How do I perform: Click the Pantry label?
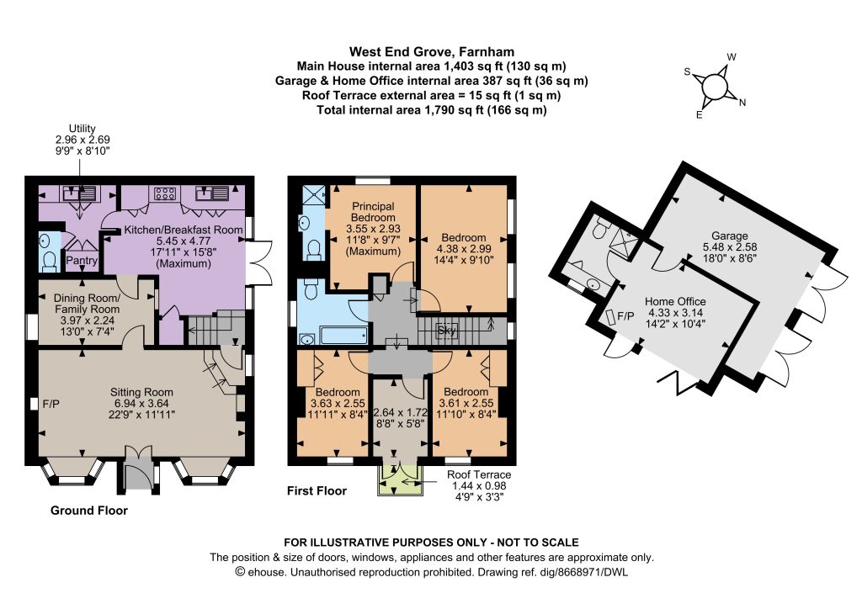coord(82,261)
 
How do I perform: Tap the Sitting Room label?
coord(141,392)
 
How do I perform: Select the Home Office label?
coord(675,301)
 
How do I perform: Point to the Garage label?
coord(730,236)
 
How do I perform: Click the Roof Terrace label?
coord(479,474)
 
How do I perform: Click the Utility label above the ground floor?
coord(82,129)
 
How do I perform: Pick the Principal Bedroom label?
coord(373,212)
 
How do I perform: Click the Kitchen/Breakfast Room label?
coord(183,230)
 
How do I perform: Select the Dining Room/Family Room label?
coord(87,304)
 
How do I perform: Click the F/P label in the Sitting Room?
coord(51,404)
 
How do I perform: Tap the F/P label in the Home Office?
coord(625,316)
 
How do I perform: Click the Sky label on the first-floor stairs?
coord(447,331)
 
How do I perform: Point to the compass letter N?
coord(742,102)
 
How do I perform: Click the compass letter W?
coord(732,57)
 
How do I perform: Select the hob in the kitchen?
coord(165,193)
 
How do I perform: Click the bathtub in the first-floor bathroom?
coord(343,336)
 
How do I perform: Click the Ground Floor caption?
coord(89,511)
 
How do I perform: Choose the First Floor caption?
coord(317,491)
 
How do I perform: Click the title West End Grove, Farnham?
coord(432,52)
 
